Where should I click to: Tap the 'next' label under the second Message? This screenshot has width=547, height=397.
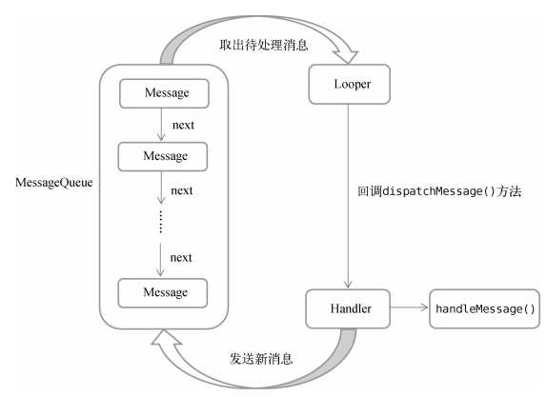[182, 189]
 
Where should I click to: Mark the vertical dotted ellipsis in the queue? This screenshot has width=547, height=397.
[160, 222]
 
